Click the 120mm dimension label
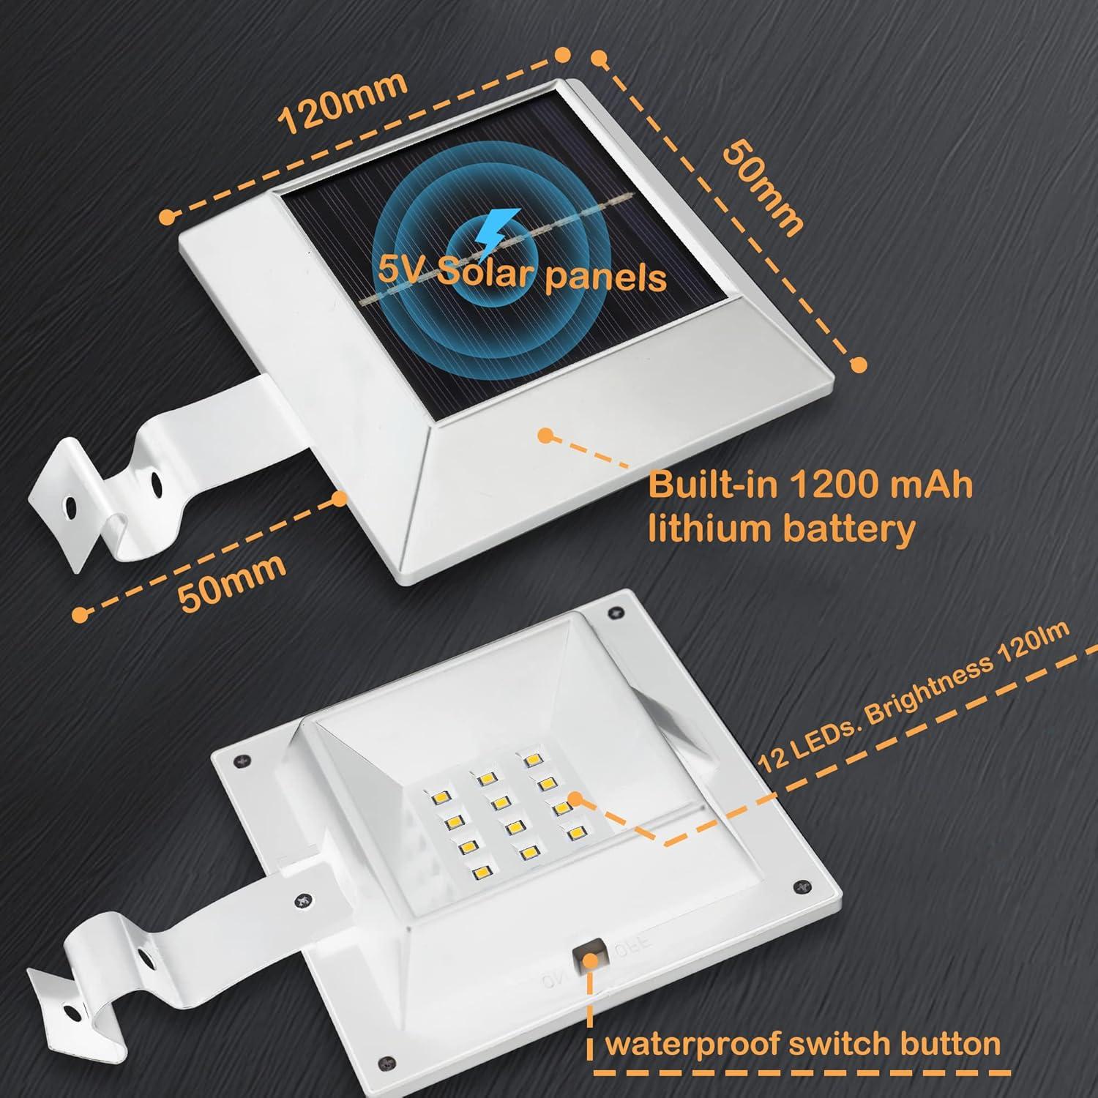point(343,102)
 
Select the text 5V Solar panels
point(522,274)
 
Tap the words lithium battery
point(782,528)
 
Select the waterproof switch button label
point(802,1044)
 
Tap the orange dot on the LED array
point(576,799)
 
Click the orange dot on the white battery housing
point(545,435)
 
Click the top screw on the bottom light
point(613,610)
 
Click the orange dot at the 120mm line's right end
point(562,54)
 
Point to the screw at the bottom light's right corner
point(798,888)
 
